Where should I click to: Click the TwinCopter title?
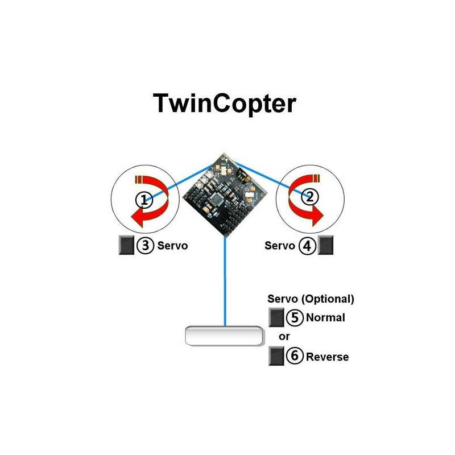[x=224, y=104]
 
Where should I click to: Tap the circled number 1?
[x=144, y=200]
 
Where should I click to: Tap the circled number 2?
[x=310, y=197]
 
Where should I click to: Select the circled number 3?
[x=145, y=246]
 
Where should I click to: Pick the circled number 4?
[x=307, y=246]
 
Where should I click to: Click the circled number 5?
[x=295, y=317]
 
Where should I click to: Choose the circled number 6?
[x=295, y=356]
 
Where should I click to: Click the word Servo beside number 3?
[x=172, y=246]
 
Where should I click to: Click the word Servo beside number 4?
[x=280, y=246]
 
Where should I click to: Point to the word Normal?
[x=325, y=317]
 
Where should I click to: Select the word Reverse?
[x=328, y=357]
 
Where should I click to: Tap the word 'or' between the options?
[x=284, y=337]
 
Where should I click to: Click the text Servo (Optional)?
[x=311, y=299]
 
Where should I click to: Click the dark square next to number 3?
[x=126, y=245]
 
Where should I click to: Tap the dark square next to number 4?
[x=325, y=245]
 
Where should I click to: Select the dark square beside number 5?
[x=276, y=317]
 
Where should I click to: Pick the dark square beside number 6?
[x=276, y=356]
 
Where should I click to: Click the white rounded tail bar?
[x=224, y=336]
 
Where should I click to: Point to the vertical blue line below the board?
[x=225, y=282]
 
